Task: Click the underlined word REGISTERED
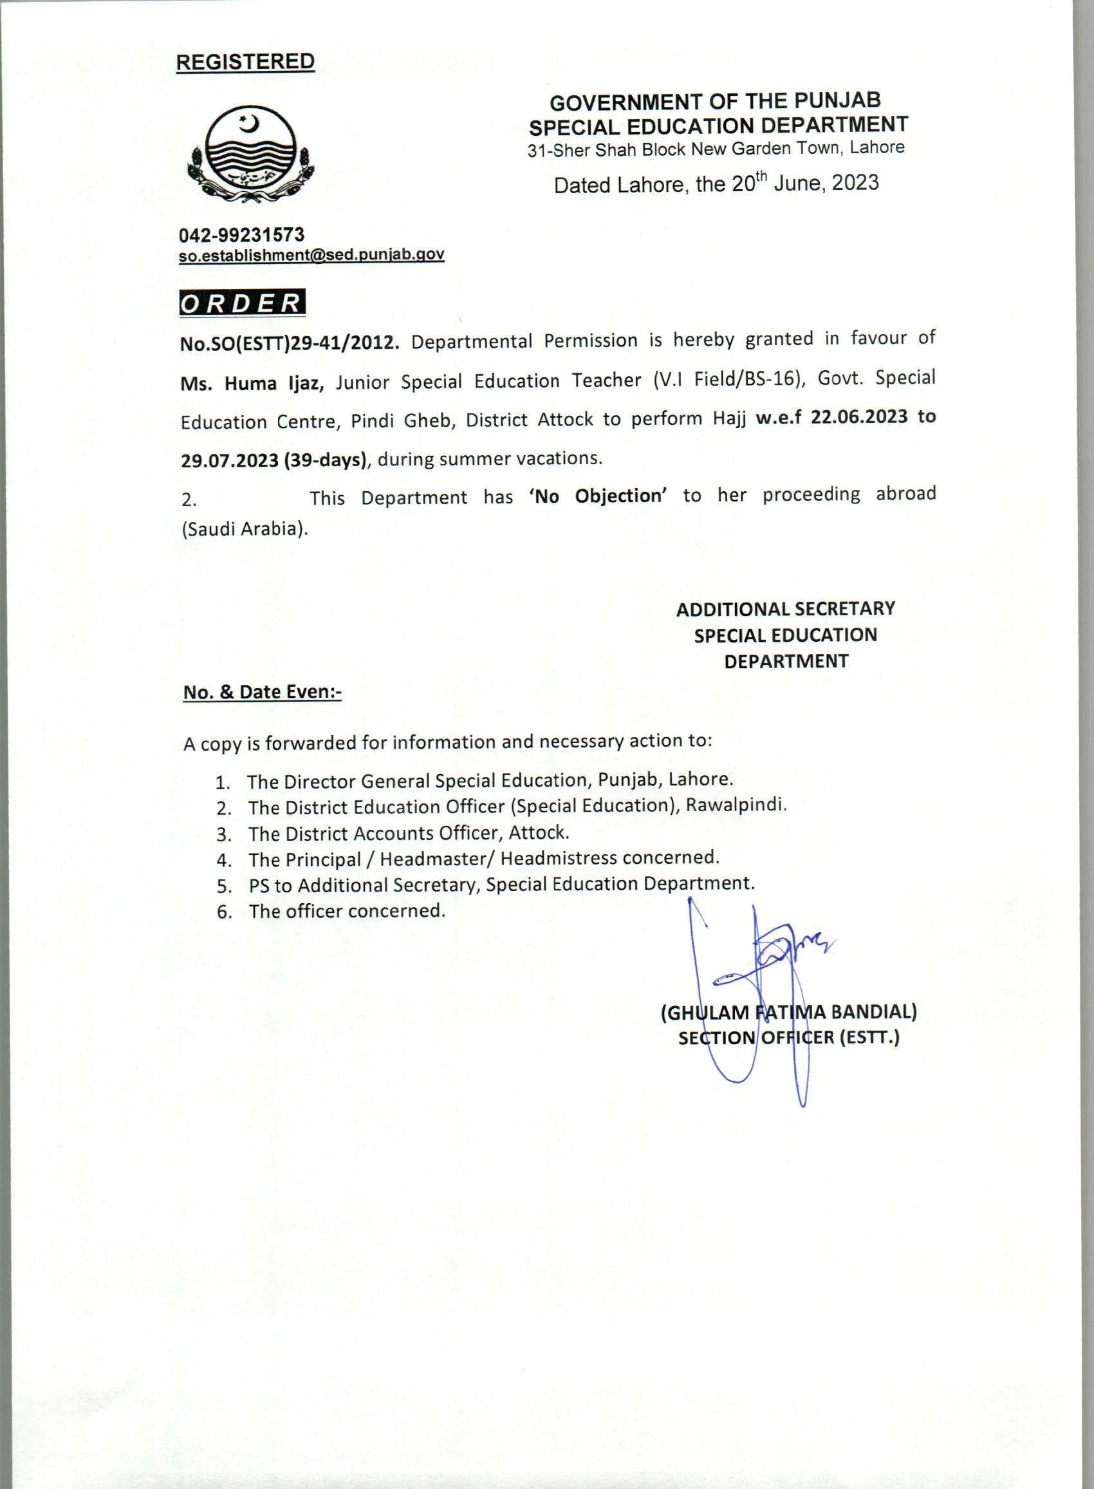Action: click(x=245, y=62)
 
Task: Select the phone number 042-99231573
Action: click(x=242, y=234)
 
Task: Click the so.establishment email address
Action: click(x=311, y=254)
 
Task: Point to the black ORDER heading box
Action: click(x=242, y=303)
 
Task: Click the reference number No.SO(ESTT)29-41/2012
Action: click(x=290, y=343)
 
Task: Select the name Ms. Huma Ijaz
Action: click(x=252, y=384)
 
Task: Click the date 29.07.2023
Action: click(x=230, y=460)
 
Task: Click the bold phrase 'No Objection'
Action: click(x=597, y=496)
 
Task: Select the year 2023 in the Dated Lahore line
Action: click(x=855, y=182)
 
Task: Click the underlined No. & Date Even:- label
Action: click(x=263, y=692)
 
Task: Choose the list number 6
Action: click(x=224, y=912)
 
